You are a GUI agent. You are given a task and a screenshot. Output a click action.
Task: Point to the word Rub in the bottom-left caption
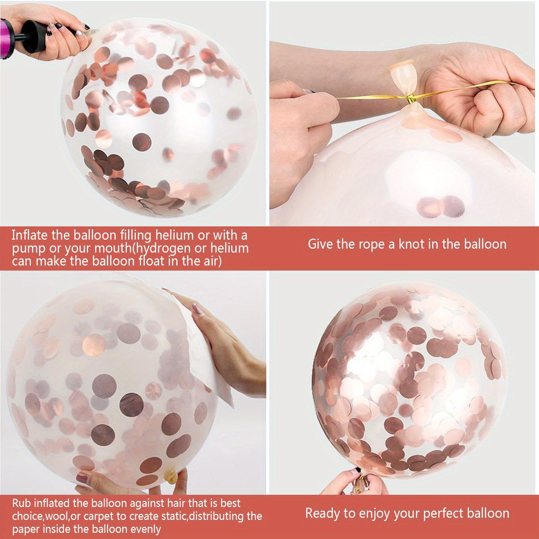point(21,503)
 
